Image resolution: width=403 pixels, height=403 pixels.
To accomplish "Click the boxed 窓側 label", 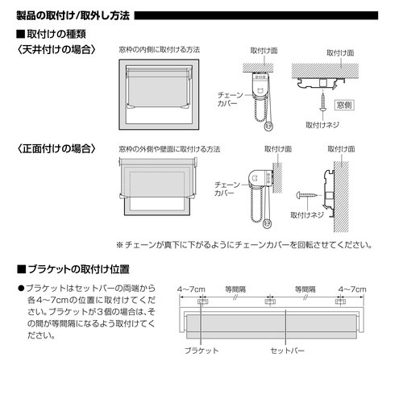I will tap(344, 104).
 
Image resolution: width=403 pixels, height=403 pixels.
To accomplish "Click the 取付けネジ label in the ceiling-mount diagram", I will tap(323, 126).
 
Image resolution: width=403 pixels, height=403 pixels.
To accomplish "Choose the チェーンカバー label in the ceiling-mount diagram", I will tap(230, 99).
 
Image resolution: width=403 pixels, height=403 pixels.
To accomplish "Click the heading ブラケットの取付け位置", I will tap(73, 268).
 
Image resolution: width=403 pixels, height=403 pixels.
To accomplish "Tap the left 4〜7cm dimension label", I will tap(191, 288).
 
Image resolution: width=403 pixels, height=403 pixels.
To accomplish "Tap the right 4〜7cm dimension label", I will tap(352, 288).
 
